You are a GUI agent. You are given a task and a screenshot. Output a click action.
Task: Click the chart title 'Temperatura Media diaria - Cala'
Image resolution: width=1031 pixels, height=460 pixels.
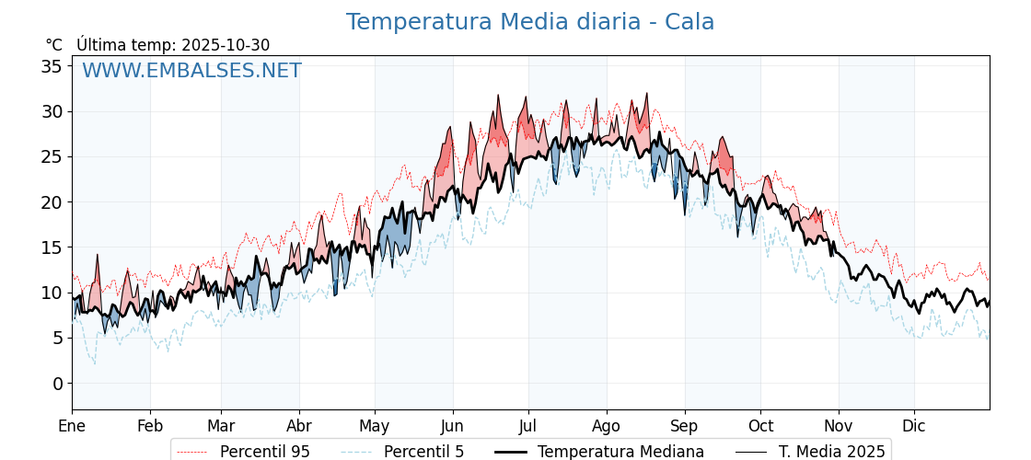(529, 22)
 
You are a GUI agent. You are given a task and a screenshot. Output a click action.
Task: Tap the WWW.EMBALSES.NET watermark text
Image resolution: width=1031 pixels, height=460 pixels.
(191, 71)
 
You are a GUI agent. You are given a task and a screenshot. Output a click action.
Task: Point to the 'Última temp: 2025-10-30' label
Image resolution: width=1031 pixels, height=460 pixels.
(173, 45)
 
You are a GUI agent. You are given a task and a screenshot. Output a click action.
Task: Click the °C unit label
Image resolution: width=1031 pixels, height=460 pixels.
(53, 45)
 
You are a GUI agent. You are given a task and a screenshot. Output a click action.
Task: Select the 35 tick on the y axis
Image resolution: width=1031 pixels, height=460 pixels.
(52, 66)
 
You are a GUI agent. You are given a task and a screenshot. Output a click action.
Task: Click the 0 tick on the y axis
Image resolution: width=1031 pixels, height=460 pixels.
(57, 384)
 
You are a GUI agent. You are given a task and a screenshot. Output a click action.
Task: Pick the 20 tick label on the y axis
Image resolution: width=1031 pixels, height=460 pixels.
(52, 202)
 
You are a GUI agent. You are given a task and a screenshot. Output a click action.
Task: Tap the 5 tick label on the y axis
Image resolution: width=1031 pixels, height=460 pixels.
(57, 339)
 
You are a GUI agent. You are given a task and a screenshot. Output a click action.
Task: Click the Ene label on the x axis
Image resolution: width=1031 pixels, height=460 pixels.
(72, 427)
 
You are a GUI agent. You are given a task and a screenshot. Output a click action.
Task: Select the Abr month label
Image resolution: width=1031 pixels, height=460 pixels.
(299, 427)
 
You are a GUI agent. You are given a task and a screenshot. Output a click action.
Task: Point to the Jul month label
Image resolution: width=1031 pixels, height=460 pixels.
(528, 427)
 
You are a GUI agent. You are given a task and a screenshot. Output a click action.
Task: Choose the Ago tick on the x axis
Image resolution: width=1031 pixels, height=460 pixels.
(606, 427)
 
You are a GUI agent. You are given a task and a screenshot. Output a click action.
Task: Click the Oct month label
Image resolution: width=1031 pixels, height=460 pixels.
(760, 427)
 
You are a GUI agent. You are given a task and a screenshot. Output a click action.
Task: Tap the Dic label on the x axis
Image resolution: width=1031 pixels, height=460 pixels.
(914, 427)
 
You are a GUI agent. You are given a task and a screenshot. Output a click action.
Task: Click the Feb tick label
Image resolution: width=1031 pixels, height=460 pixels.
(150, 427)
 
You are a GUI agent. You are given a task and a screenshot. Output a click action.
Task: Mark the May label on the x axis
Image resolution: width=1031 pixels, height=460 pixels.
(375, 427)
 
